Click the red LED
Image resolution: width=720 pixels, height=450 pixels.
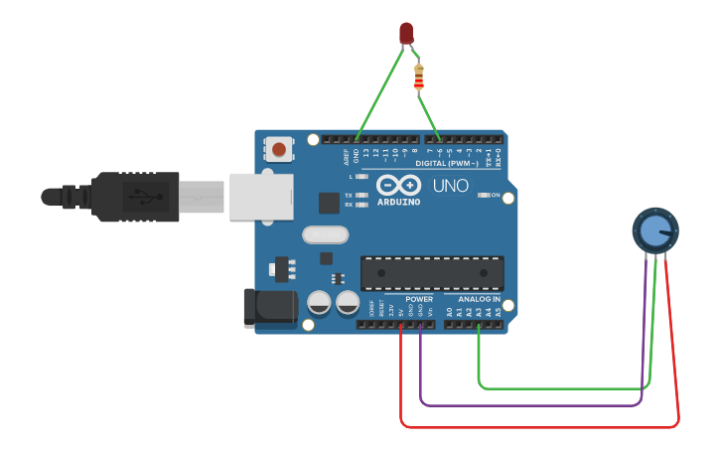[406, 33]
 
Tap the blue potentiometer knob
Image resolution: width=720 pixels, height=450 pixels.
[655, 230]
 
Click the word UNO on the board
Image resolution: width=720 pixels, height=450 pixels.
[450, 186]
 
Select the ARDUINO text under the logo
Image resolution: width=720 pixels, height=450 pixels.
[398, 202]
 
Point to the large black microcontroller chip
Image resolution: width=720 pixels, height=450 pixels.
[432, 273]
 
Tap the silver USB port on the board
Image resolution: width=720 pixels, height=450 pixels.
[262, 196]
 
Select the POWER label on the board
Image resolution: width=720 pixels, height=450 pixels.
[419, 299]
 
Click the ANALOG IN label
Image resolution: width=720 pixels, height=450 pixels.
[479, 299]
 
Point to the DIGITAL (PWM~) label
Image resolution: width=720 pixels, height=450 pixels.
[446, 163]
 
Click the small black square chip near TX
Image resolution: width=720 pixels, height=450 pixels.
[329, 202]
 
